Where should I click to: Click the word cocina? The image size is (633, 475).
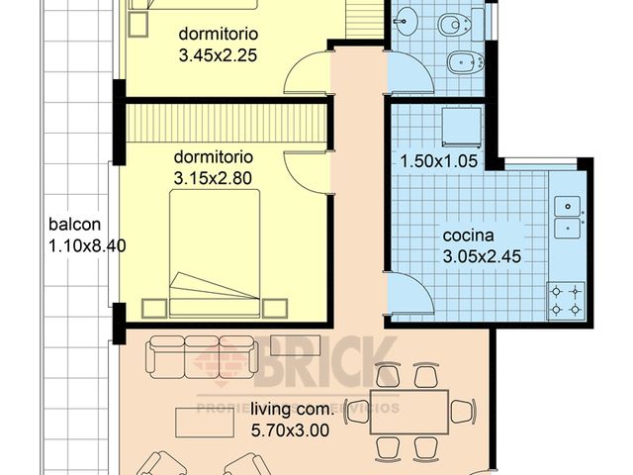(x=469, y=236)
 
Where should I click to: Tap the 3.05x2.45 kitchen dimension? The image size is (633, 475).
(x=482, y=256)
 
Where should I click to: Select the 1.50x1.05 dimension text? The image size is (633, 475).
(x=437, y=160)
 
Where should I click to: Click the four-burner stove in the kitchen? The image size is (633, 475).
(x=566, y=301)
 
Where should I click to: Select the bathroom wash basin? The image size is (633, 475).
(x=407, y=22)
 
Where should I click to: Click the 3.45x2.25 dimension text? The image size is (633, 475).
(x=218, y=55)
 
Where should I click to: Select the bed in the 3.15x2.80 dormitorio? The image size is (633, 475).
(x=215, y=253)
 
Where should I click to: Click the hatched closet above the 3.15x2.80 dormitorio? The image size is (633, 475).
(x=226, y=124)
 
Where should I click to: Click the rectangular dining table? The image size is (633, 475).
(x=409, y=411)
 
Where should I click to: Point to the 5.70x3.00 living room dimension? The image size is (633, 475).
(x=290, y=430)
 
